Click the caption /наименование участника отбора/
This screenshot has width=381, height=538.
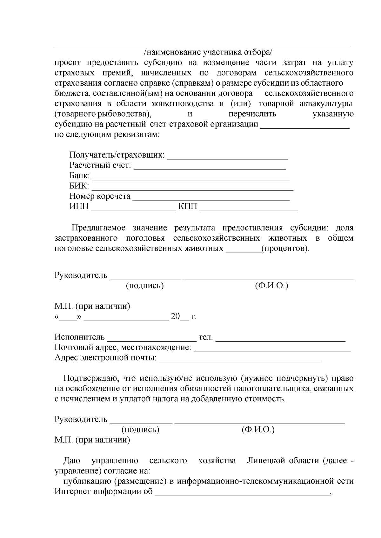coord(208,52)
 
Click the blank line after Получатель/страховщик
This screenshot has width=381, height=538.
coord(227,156)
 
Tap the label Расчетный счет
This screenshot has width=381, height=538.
coord(100,165)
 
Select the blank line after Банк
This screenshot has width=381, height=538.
coord(190,178)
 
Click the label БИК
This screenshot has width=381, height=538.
coord(79,186)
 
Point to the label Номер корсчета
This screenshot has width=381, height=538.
coord(100,196)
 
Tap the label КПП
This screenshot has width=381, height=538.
coord(188,207)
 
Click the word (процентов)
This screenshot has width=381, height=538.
coord(285,248)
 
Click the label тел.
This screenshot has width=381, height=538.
coord(205,337)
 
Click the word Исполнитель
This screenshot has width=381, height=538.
coord(79,337)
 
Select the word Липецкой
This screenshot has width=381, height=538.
coord(266,461)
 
